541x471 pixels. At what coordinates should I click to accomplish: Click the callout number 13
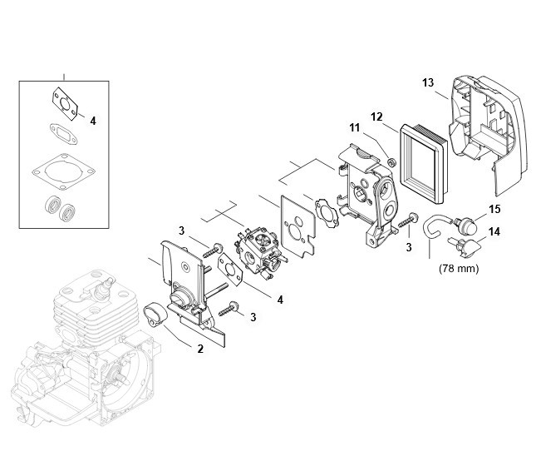tap(428, 83)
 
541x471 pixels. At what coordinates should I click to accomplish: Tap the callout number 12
tap(376, 117)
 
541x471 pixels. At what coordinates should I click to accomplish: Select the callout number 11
tap(355, 128)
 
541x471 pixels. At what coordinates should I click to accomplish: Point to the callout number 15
tap(494, 209)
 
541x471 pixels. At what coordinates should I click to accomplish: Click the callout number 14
tap(494, 231)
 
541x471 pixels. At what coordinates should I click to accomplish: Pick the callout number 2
tap(200, 349)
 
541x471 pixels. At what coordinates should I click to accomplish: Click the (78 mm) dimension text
tap(459, 268)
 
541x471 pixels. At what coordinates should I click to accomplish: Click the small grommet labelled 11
tap(391, 161)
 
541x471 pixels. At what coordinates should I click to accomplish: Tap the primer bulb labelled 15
tap(465, 226)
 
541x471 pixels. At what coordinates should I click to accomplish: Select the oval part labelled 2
tap(155, 314)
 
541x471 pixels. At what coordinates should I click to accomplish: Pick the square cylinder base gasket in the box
tap(64, 171)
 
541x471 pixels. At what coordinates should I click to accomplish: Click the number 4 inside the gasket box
tap(93, 121)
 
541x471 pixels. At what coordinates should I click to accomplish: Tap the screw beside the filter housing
tap(408, 221)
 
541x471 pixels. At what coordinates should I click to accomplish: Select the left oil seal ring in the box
tap(53, 206)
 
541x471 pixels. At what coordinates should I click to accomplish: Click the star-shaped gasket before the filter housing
tap(326, 212)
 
